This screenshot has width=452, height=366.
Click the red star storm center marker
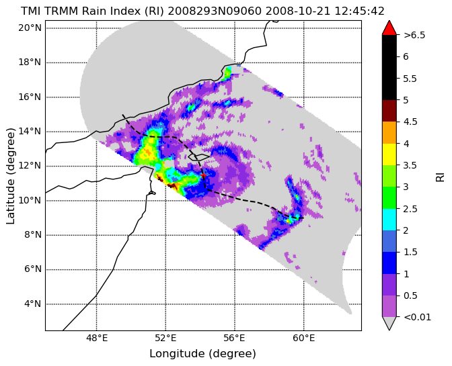click(x=204, y=175)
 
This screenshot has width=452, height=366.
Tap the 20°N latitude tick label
click(x=30, y=28)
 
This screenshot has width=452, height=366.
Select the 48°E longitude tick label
click(x=96, y=338)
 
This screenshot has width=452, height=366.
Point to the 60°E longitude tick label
click(x=303, y=338)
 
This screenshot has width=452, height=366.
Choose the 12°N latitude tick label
click(x=30, y=166)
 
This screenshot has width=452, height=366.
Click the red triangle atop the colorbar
click(x=389, y=28)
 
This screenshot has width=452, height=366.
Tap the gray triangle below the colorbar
click(x=389, y=323)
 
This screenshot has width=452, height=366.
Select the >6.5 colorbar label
click(x=414, y=35)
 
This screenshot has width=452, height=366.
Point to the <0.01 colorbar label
click(x=418, y=317)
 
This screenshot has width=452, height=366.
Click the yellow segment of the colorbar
click(x=389, y=154)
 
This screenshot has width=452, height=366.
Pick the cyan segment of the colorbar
click(x=389, y=220)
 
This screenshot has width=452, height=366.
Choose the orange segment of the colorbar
click(x=389, y=132)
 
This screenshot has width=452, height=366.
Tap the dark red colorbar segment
click(x=389, y=111)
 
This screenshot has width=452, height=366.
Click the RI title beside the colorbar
click(x=440, y=176)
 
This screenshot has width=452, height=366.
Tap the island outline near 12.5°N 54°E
click(x=198, y=157)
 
